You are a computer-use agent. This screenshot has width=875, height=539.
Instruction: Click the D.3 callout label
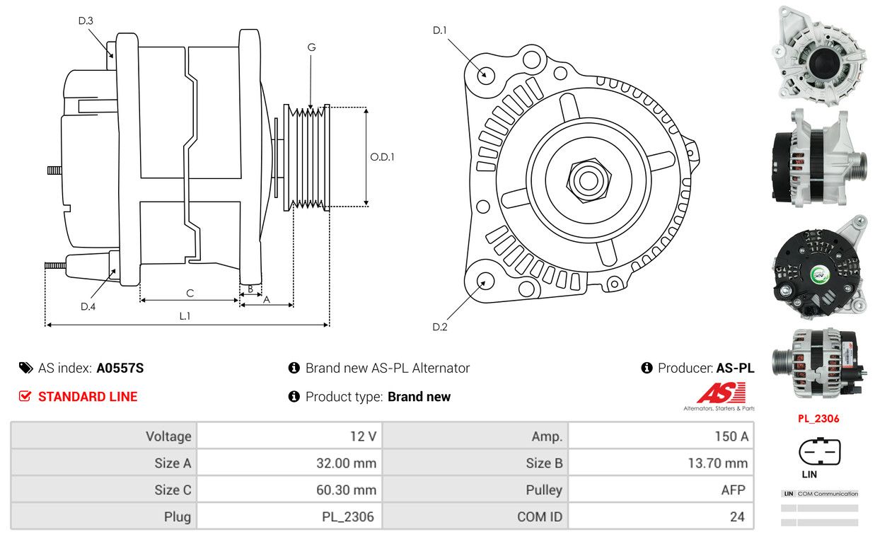pyautogui.click(x=86, y=21)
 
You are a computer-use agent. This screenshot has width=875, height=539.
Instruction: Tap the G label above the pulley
pyautogui.click(x=311, y=47)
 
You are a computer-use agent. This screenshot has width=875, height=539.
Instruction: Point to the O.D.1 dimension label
pyautogui.click(x=382, y=156)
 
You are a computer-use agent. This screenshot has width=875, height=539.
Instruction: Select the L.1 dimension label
pyautogui.click(x=185, y=316)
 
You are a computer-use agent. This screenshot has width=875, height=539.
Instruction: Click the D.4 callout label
pyautogui.click(x=88, y=306)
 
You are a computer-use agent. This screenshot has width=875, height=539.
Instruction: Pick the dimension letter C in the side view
pyautogui.click(x=190, y=293)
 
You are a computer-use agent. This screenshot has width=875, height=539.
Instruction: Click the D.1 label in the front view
pyautogui.click(x=440, y=30)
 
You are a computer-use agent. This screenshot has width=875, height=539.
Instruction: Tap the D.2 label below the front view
pyautogui.click(x=440, y=327)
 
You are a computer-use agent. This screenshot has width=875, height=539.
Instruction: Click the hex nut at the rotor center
pyautogui.click(x=587, y=179)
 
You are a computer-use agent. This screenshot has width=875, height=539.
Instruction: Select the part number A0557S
pyautogui.click(x=120, y=368)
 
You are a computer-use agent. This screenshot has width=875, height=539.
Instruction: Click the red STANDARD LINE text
pyautogui.click(x=88, y=397)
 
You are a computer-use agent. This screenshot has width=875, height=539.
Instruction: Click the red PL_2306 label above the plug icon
pyautogui.click(x=818, y=418)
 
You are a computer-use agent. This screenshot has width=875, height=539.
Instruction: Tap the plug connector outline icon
pyautogui.click(x=820, y=451)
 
